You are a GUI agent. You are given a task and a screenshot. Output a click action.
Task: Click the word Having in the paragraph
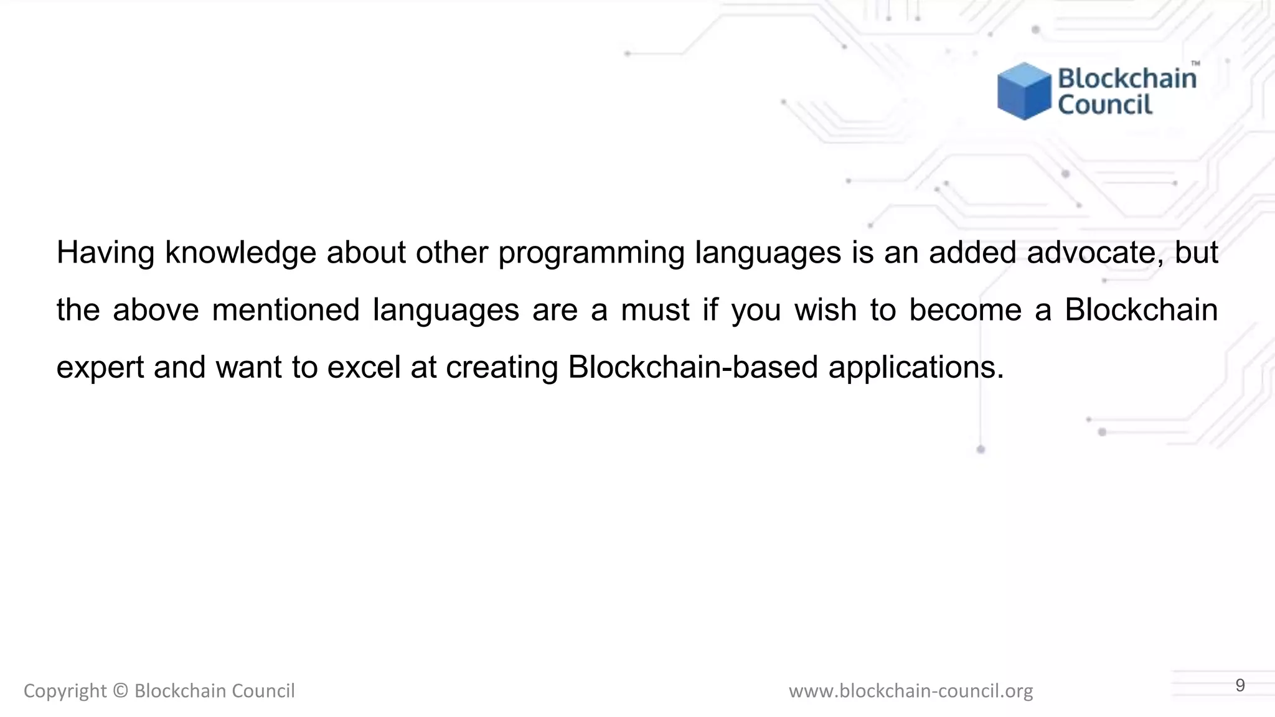105,253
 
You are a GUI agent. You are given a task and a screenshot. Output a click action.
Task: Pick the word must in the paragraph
655,310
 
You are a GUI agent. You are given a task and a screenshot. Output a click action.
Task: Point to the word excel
364,367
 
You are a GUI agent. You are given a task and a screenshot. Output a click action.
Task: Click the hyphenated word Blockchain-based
692,367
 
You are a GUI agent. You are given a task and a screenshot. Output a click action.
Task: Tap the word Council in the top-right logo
1105,105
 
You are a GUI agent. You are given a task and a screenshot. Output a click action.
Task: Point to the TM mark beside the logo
1195,63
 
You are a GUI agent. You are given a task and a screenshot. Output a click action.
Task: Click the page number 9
1240,686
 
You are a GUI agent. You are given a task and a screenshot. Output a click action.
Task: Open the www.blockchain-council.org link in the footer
910,691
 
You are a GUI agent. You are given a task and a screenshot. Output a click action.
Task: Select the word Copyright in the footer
65,691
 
